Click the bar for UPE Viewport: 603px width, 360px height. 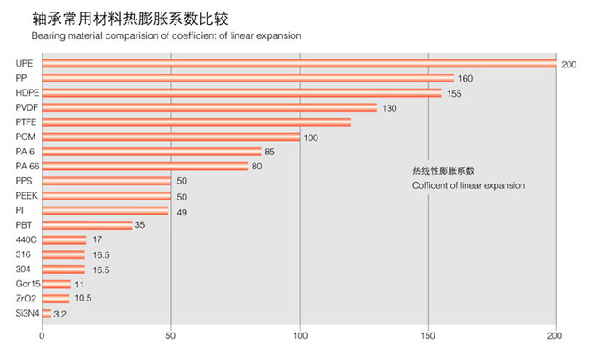[299, 63]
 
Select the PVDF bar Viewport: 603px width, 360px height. [209, 107]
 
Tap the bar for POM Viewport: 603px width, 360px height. [171, 137]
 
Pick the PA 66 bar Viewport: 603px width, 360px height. [145, 166]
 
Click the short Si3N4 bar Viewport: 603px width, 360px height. [46, 313]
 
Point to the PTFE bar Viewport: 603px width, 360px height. [196, 121]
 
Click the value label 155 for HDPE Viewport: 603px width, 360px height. [453, 93]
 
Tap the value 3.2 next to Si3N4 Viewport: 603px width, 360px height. [61, 314]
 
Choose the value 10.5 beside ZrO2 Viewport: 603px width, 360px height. [83, 299]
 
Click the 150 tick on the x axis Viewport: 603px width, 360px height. [428, 337]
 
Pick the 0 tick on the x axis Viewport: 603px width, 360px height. [42, 337]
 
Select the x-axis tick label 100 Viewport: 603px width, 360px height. [300, 337]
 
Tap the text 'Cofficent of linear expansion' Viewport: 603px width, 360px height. [469, 185]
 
